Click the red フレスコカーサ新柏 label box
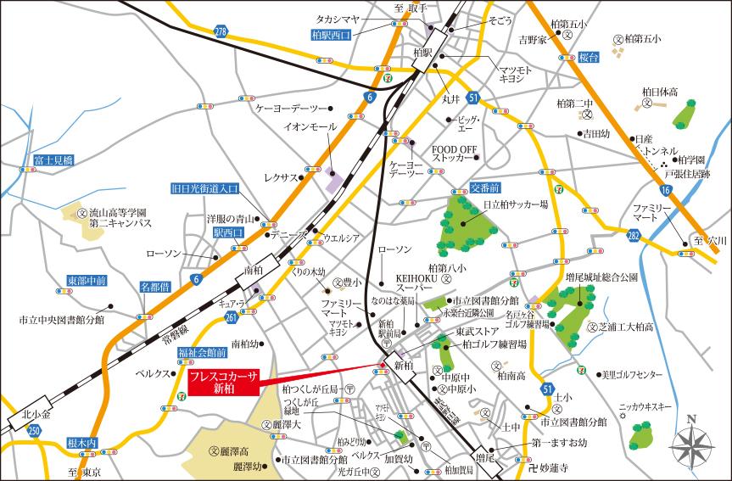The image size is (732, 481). pos(223,383)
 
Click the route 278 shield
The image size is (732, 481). pos(221,31)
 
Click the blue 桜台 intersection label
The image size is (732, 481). pos(589,56)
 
